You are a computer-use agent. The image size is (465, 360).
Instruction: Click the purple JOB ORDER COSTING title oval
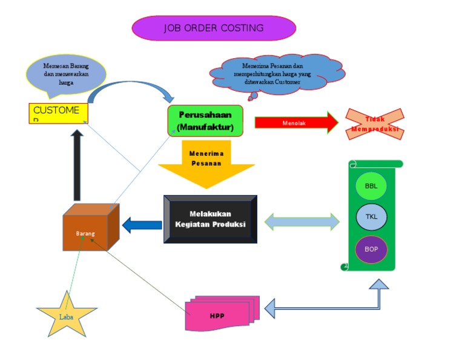pos(214,28)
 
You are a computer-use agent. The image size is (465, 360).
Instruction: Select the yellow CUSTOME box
pos(58,113)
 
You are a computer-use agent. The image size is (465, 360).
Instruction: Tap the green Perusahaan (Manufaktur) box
pos(205,121)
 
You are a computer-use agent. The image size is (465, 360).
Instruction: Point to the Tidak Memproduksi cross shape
pos(375,124)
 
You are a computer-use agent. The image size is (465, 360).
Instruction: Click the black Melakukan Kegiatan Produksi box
pos(210,219)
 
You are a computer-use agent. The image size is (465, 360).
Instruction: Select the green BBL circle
pos(371,186)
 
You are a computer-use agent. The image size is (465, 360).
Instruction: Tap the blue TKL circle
pos(371,218)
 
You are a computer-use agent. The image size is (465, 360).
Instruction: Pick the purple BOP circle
pos(371,249)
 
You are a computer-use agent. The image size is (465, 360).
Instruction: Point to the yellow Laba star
pos(66,315)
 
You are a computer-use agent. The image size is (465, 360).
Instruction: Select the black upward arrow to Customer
pos(77,164)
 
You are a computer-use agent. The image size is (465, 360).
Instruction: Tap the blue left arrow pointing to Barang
pos(142,225)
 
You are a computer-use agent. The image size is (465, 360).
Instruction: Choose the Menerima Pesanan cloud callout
pos(275,75)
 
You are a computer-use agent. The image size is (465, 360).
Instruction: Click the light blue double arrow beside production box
pos(302,221)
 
